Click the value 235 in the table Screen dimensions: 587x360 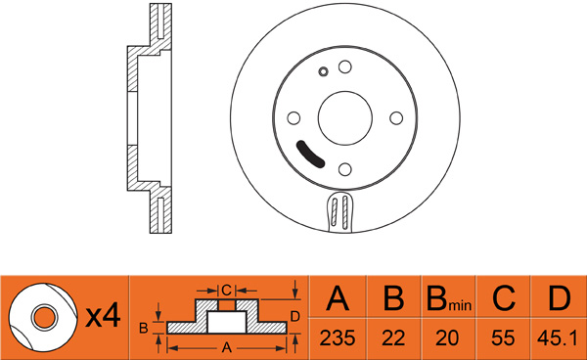point(338,338)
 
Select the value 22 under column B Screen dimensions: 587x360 point(393,338)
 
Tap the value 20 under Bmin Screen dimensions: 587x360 point(447,338)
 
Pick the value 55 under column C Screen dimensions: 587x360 point(503,338)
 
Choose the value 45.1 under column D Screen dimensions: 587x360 point(558,338)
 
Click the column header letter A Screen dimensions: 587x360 point(338,298)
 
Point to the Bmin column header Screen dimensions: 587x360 point(449,299)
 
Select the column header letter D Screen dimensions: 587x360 point(560,298)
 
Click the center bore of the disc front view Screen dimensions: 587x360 point(345,117)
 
